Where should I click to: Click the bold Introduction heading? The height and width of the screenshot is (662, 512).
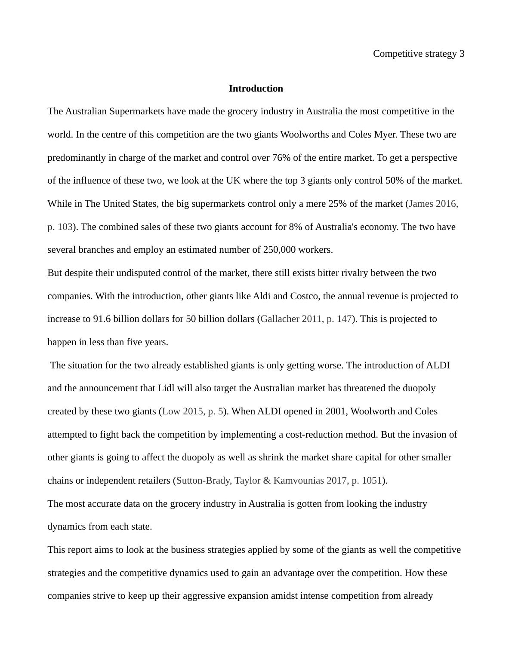point(256,89)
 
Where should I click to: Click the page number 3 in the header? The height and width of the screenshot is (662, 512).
point(462,54)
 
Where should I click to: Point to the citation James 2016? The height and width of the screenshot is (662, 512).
point(433,204)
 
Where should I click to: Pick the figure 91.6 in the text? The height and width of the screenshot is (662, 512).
point(102,319)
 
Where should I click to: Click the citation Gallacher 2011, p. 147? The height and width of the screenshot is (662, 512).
point(306,319)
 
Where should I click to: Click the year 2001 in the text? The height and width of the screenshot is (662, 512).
point(336,411)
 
